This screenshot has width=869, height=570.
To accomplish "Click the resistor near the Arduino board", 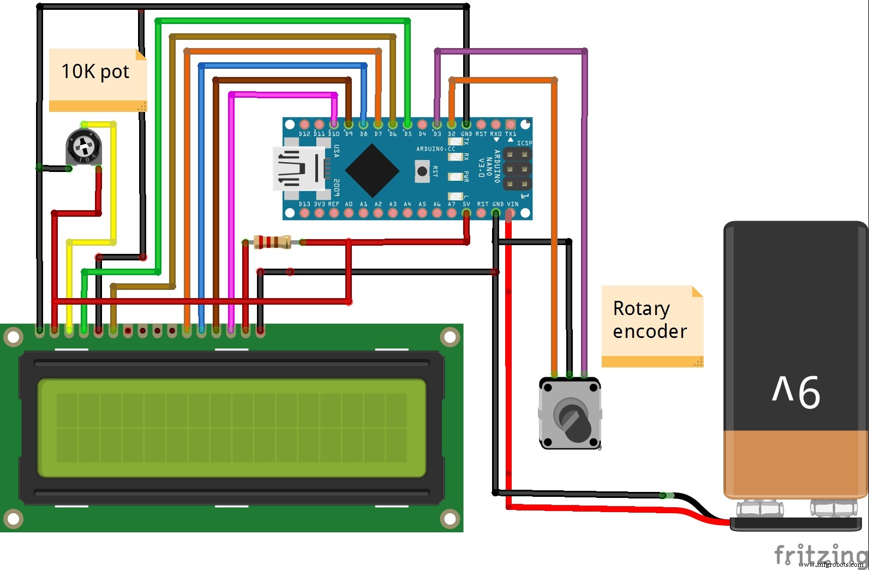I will pos(272,242).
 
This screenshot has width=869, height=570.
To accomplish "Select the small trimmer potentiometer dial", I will pos(83,146).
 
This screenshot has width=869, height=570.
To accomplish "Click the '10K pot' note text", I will pos(95,72).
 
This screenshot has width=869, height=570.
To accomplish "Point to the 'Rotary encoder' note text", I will pos(649,320).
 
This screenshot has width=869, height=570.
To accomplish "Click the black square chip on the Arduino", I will pos(372,171).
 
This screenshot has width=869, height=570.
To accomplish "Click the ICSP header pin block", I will pos(516,169).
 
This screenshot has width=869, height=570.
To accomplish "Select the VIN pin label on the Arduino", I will pos(512,204).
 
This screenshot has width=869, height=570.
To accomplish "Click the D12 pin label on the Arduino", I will pos(304,134).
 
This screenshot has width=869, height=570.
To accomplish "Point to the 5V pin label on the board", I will pos(466,204).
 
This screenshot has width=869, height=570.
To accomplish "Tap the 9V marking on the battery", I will pos(796,391).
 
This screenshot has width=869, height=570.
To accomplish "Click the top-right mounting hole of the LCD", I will pos(450,337).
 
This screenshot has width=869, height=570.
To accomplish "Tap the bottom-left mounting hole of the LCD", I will pos(13,518).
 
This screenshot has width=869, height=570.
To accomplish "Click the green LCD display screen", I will pos(231,428).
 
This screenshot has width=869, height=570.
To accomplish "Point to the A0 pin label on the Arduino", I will pos(349,204).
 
